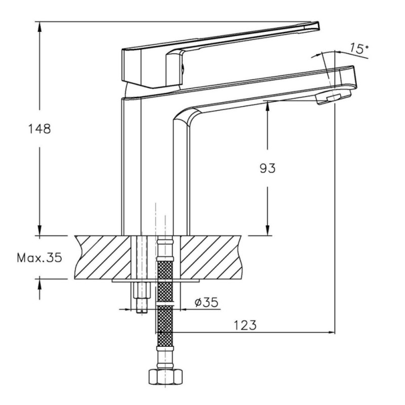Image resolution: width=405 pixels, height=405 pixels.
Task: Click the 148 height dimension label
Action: [x=39, y=129]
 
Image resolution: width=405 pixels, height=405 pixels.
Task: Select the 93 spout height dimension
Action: [x=268, y=169]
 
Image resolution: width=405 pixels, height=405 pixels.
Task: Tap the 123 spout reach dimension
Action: [x=246, y=325]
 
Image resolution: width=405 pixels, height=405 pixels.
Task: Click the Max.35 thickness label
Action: [x=39, y=258]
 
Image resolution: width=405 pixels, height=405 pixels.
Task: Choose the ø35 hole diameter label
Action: [x=207, y=302]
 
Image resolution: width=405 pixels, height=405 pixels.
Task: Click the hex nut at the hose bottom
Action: [x=166, y=377]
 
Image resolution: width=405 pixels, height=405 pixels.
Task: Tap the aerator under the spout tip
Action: [x=334, y=97]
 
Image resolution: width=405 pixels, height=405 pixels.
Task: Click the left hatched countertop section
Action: [x=103, y=257]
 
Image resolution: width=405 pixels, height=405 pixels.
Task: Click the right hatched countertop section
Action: [x=211, y=257]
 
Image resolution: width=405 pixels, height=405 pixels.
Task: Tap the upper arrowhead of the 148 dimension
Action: [x=39, y=27]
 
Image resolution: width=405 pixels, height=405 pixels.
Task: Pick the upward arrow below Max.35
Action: [x=39, y=288]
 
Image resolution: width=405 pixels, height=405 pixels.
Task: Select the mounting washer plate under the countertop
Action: [x=156, y=280]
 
